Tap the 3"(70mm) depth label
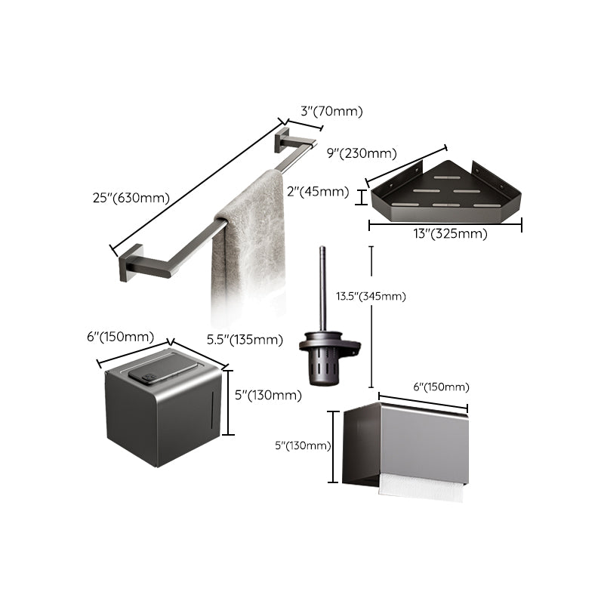(x=331, y=111)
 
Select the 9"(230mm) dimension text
(x=361, y=153)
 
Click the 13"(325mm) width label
(x=445, y=233)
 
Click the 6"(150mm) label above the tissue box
(x=121, y=337)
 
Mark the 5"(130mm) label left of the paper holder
(x=302, y=445)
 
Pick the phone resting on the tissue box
(x=158, y=371)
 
